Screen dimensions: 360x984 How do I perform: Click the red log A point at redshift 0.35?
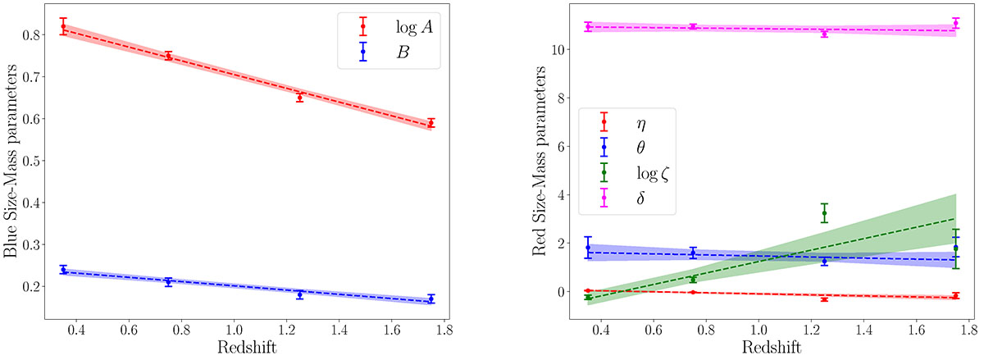[x=63, y=27]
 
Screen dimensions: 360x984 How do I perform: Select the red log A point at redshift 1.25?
[x=299, y=97]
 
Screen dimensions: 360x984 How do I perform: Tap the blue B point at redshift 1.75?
[x=431, y=299]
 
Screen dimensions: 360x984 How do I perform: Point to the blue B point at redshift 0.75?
[x=168, y=281]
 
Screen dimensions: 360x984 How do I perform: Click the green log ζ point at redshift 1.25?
[x=824, y=213]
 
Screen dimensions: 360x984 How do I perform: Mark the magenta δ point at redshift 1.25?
[x=824, y=34]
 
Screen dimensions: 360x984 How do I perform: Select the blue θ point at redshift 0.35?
[x=588, y=248]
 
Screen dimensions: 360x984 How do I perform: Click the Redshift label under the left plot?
[x=247, y=349]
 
